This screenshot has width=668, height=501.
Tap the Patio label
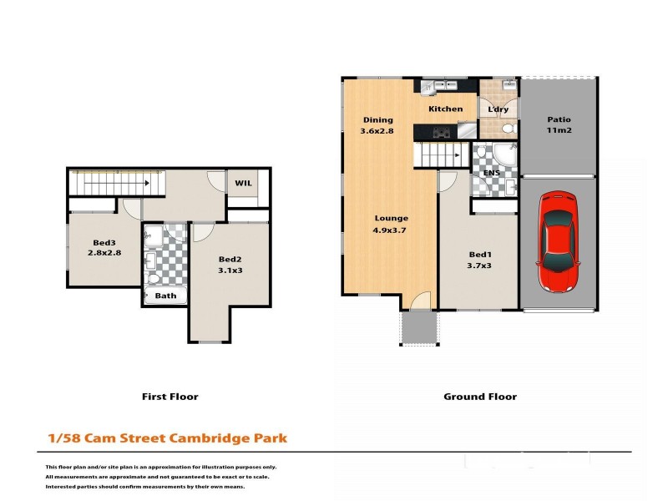pyautogui.click(x=559, y=119)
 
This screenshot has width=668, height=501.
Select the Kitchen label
pyautogui.click(x=445, y=109)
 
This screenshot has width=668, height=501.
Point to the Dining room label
pyautogui.click(x=377, y=120)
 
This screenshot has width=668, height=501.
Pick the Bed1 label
pyautogui.click(x=479, y=255)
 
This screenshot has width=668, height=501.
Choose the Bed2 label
pyautogui.click(x=230, y=260)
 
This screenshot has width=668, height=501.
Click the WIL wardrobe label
pyautogui.click(x=243, y=183)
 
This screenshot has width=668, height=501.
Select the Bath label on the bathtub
pyautogui.click(x=165, y=296)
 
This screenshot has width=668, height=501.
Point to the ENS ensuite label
pyautogui.click(x=491, y=173)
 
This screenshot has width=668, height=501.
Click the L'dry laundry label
pyautogui.click(x=498, y=109)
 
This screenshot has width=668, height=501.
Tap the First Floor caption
pyautogui.click(x=170, y=397)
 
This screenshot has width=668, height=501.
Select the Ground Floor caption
pyautogui.click(x=479, y=397)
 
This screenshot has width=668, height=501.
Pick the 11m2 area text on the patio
pyautogui.click(x=559, y=131)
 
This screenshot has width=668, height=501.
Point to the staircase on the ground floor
pyautogui.click(x=440, y=155)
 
